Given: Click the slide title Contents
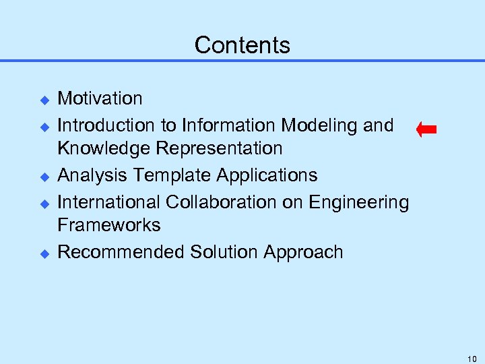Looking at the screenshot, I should tap(242, 45).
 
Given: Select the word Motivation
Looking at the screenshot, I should tap(100, 98).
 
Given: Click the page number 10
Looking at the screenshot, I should tap(471, 358).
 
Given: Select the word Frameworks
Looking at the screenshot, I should tap(108, 224).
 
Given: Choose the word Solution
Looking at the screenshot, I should tap(224, 252).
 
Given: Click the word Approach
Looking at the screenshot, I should tap(304, 253).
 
